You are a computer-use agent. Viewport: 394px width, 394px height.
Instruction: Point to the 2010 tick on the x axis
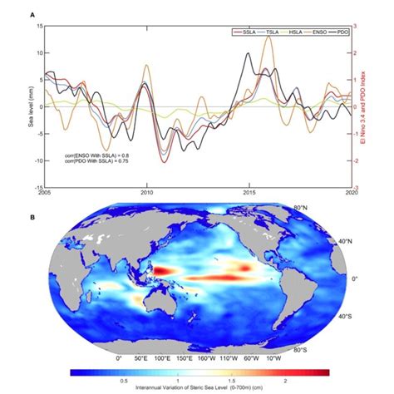(147, 193)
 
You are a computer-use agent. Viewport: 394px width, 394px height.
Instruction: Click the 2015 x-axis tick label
(249, 193)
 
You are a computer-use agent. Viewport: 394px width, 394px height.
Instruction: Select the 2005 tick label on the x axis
(45, 193)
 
